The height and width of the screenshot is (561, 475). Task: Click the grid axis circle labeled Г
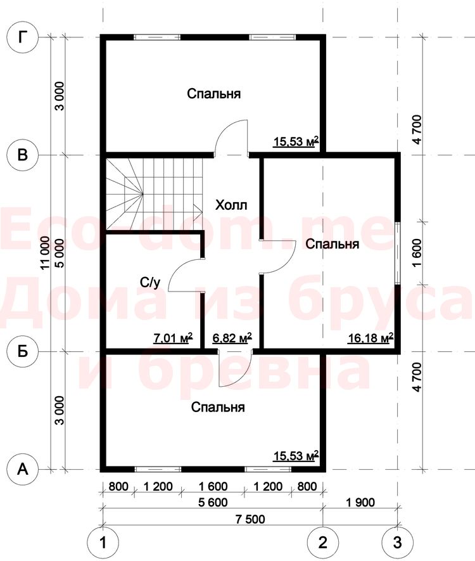click(23, 37)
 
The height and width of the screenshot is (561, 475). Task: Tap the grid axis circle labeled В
click(23, 155)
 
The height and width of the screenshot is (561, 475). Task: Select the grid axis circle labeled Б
click(23, 351)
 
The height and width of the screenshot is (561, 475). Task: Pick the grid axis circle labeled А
click(23, 469)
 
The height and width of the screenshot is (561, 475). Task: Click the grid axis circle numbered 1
click(103, 543)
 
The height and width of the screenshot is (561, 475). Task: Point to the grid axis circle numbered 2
click(323, 543)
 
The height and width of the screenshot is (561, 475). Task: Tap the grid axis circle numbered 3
click(398, 543)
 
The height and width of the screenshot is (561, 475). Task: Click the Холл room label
click(231, 205)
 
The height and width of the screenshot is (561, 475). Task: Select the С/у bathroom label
click(150, 283)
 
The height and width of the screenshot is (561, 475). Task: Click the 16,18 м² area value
click(371, 337)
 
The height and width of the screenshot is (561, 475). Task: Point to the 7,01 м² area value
click(173, 337)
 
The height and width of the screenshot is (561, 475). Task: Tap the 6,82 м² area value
click(232, 337)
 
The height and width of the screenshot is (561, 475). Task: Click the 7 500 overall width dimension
click(250, 519)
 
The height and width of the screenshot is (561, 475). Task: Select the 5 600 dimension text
click(212, 502)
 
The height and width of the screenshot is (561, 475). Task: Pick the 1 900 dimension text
click(360, 502)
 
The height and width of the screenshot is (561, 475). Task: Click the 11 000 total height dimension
click(45, 252)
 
